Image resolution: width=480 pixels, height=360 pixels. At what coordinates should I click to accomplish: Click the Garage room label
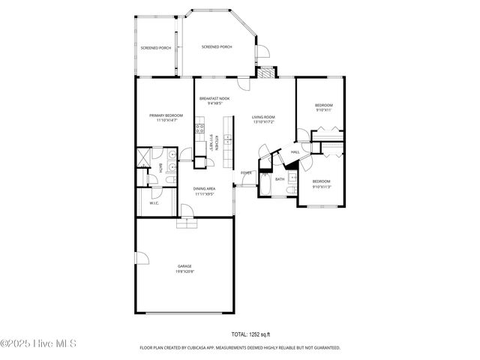184,268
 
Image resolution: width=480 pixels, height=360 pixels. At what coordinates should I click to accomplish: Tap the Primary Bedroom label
166,118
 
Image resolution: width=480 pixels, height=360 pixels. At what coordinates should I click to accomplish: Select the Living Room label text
263,119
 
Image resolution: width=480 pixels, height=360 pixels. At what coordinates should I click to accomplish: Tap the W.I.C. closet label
154,202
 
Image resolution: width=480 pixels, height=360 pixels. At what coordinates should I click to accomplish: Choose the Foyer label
246,173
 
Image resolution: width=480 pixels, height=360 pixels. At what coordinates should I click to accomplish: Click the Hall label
295,152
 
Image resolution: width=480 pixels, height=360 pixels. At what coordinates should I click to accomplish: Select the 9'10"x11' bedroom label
323,107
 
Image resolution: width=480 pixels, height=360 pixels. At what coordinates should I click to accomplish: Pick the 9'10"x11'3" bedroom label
321,183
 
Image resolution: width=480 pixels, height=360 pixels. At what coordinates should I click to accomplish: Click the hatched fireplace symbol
265,73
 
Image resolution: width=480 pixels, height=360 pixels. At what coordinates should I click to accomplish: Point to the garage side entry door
136,259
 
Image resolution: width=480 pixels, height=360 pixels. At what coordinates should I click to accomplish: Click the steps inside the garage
184,223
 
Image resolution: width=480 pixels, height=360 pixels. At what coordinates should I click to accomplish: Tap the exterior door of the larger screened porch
262,50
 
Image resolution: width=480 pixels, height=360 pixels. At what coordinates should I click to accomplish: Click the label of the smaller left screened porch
155,48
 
